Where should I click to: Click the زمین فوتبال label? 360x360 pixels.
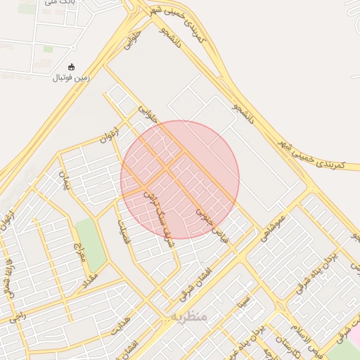coord(70,78)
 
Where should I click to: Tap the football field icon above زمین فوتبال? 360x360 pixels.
coord(70,67)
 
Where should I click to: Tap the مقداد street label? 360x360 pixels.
coord(94,279)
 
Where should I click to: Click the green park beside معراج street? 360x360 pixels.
coord(90,243)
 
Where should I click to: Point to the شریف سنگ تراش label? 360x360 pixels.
coord(157,214)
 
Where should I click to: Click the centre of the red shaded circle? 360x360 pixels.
coord(180,180)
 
